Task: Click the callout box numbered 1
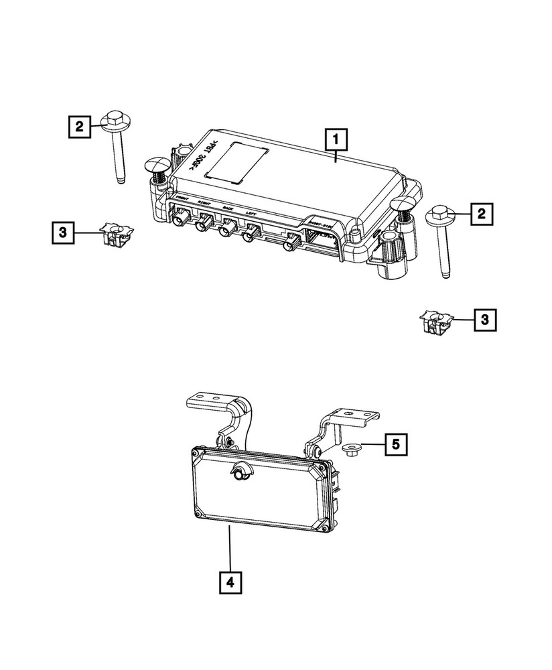[335, 140]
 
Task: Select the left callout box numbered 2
[79, 125]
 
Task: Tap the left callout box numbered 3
[62, 232]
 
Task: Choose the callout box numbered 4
[229, 582]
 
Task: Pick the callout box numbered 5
[395, 443]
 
